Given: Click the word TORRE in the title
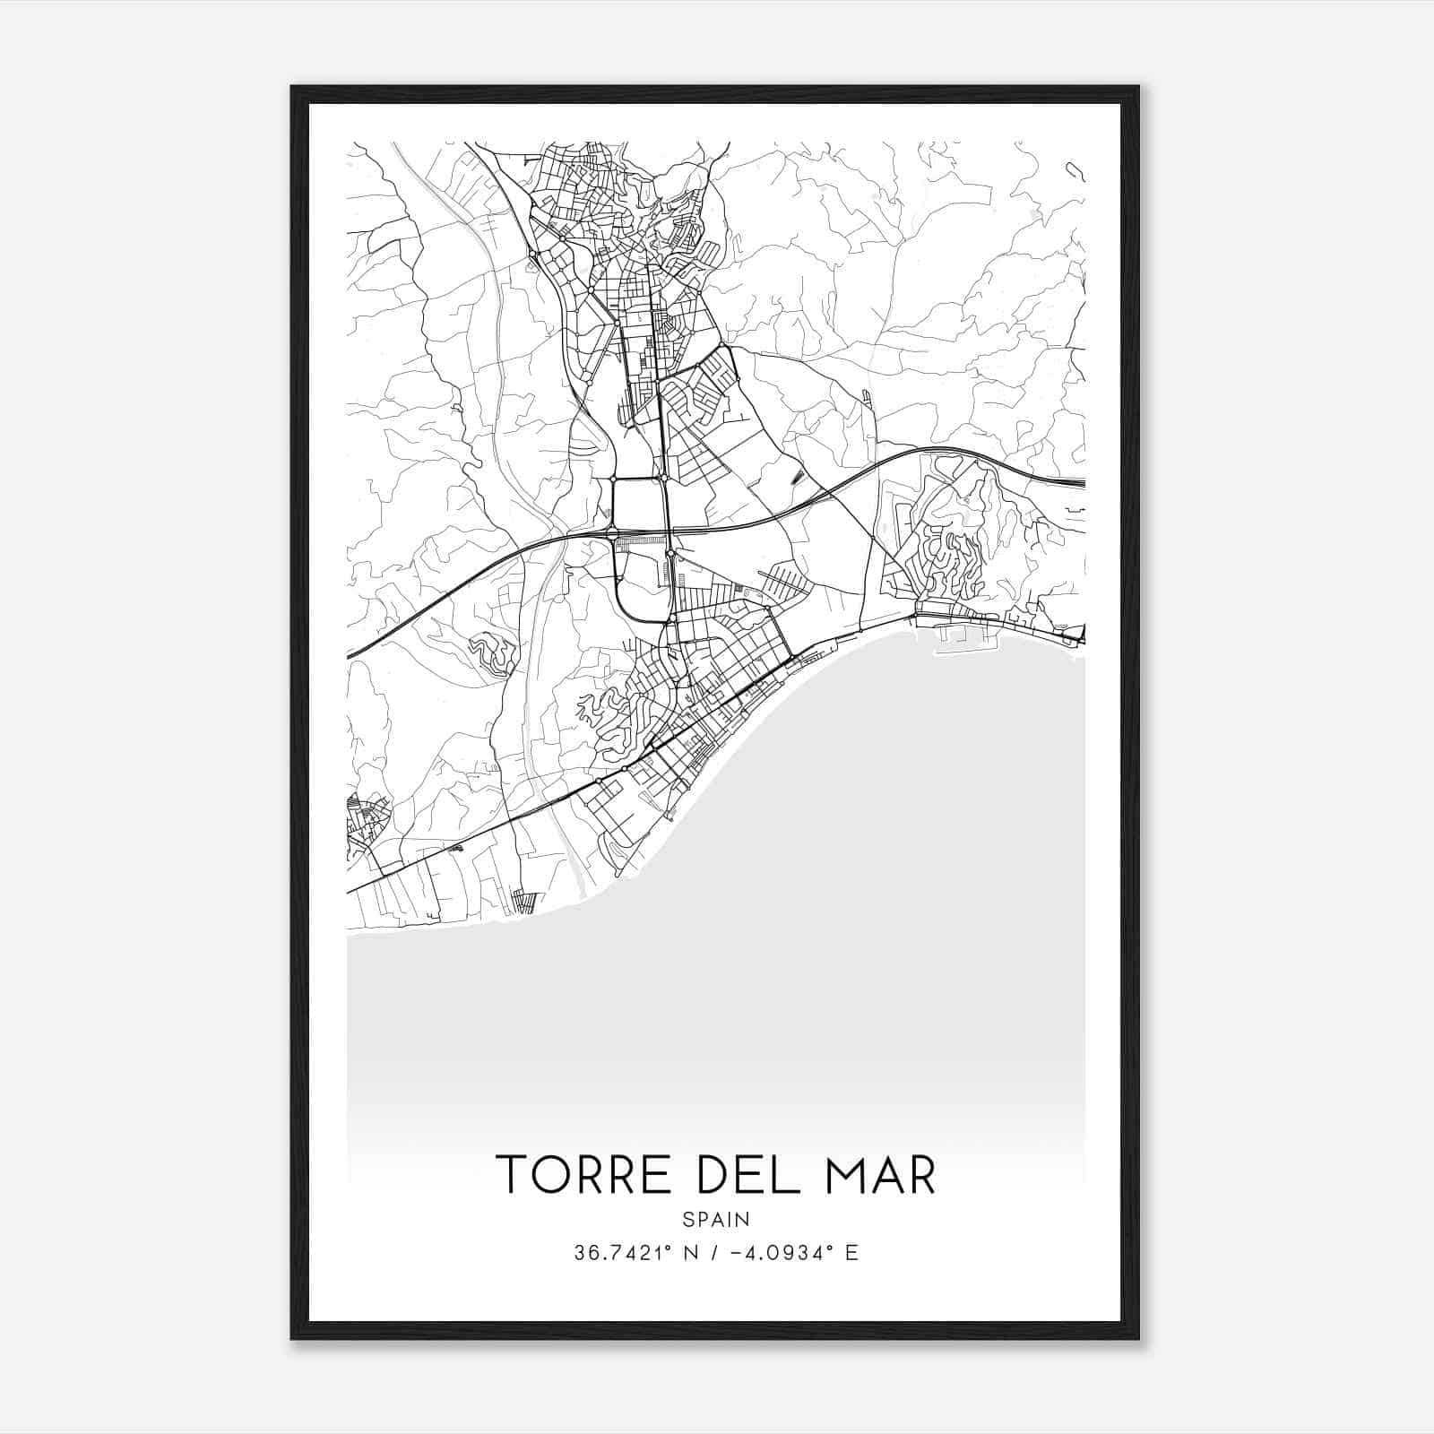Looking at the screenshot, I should pyautogui.click(x=586, y=1174).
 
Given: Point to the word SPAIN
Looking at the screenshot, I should pyautogui.click(x=716, y=1220).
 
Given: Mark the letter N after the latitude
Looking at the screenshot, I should pyautogui.click(x=688, y=1253).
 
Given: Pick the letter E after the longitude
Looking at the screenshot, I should pyautogui.click(x=851, y=1253).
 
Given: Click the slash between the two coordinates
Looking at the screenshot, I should pyautogui.click(x=712, y=1253).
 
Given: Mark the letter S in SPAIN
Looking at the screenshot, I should pyautogui.click(x=687, y=1220).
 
